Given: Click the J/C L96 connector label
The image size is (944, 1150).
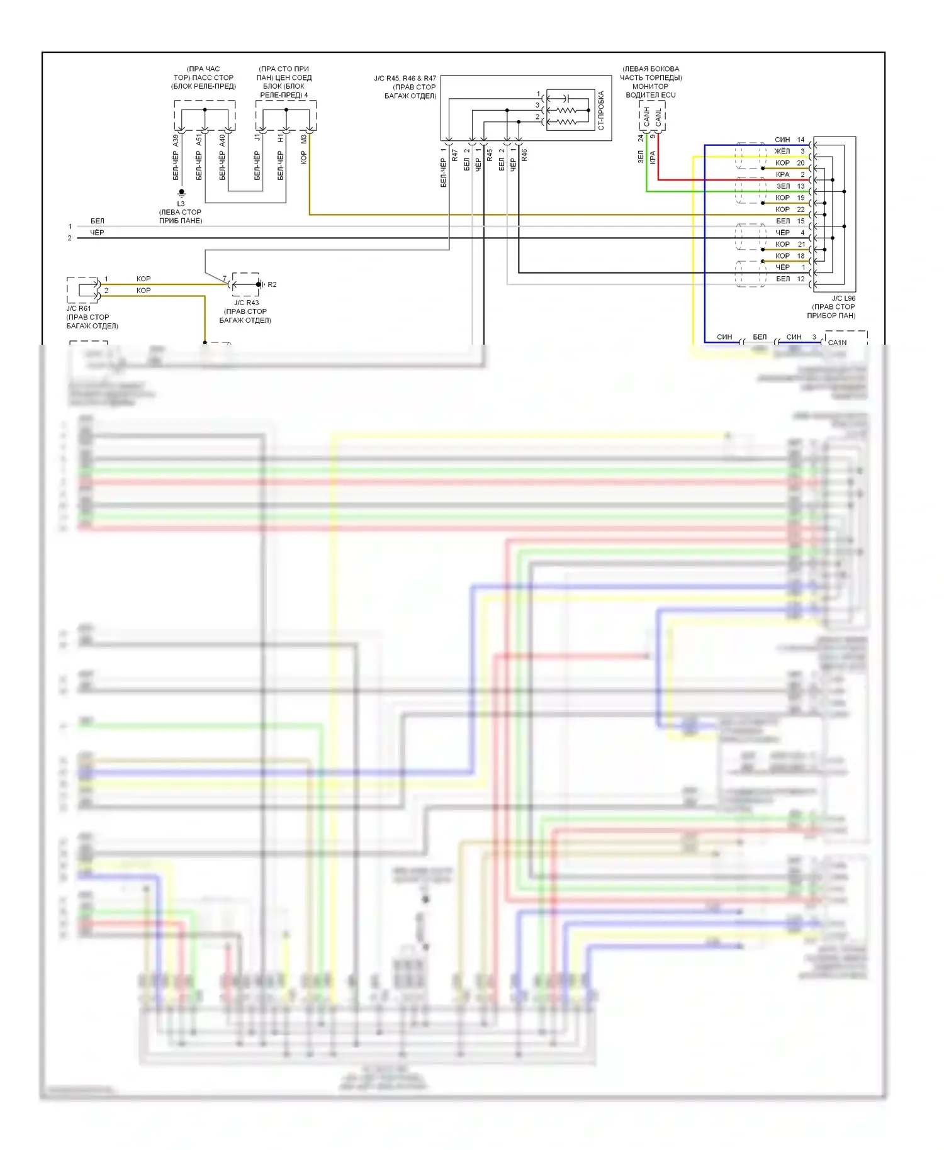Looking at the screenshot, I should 843,298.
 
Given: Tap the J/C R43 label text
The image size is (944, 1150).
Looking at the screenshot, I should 246,303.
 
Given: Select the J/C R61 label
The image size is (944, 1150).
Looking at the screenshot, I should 79,308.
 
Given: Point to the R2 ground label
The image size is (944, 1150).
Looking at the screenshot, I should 272,284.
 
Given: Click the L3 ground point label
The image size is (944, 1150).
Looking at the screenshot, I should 181,204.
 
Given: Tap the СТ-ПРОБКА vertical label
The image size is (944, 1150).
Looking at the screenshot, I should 601,110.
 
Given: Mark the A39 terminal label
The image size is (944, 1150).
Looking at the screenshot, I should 176,140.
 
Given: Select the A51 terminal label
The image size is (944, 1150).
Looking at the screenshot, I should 199,140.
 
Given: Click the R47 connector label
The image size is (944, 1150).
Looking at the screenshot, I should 454,155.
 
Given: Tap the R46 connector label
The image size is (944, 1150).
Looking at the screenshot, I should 524,155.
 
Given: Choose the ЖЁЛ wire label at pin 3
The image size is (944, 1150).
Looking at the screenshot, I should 782,151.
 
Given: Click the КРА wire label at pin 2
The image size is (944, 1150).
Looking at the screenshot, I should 782,174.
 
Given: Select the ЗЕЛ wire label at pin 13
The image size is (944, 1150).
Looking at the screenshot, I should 783,186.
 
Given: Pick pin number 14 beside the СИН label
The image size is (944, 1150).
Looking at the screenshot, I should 801,140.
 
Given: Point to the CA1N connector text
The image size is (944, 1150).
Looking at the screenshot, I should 837,342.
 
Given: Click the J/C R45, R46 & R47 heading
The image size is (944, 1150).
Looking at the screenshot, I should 405,79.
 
